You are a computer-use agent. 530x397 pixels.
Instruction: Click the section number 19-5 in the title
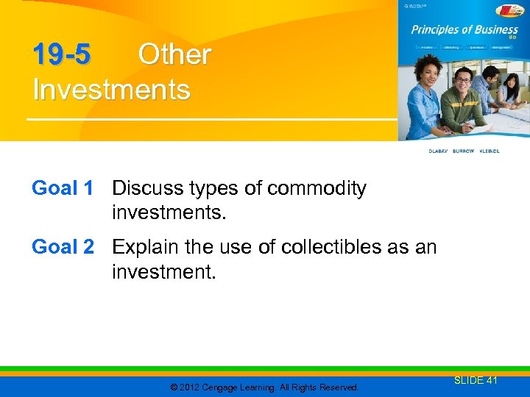[x=62, y=54]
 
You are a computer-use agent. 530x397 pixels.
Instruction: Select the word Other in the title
[x=174, y=54]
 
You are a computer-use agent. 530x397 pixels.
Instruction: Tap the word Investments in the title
[x=111, y=90]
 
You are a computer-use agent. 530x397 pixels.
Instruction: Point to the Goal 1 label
[x=63, y=189]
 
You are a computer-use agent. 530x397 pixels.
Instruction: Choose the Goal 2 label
[x=63, y=248]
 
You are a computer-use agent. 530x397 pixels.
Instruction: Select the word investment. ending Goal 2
[x=163, y=272]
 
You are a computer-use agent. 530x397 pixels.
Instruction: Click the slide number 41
[x=491, y=380]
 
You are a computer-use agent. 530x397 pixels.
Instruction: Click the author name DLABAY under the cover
[x=439, y=151]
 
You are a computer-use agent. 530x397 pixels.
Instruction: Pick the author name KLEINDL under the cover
[x=490, y=151]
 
